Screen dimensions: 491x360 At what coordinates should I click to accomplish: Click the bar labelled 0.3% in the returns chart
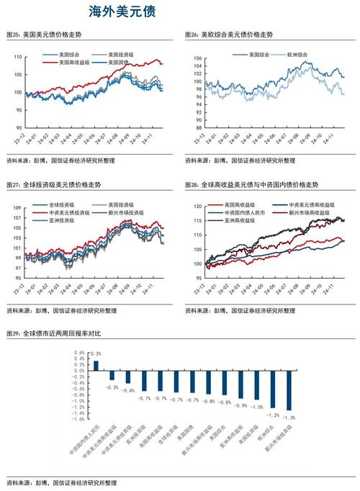tap(96, 365)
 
